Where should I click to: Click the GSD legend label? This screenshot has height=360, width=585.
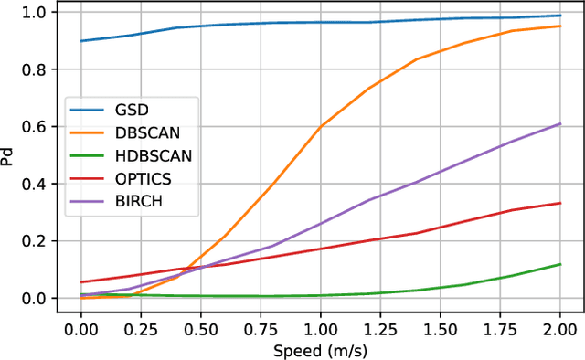click(131, 109)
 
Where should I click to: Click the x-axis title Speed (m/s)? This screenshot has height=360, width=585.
click(320, 350)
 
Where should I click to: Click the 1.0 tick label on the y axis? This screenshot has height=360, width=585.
click(37, 12)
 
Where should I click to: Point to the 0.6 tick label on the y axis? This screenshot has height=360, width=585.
click(37, 127)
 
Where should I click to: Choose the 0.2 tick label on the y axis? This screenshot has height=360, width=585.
click(37, 241)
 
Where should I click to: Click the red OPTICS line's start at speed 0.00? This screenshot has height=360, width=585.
click(81, 282)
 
